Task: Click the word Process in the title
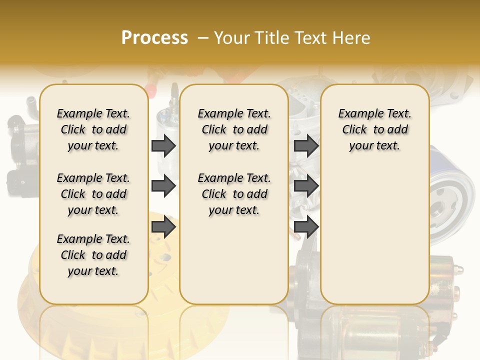[x=154, y=38]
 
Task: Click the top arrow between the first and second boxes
[x=163, y=146]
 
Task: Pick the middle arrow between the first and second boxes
[x=163, y=186]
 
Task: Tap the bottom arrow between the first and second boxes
[x=163, y=227]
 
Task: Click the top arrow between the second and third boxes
[x=306, y=146]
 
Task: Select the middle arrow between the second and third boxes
[x=306, y=186]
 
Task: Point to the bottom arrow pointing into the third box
[x=306, y=227]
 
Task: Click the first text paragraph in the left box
[x=93, y=129]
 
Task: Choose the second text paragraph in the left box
[x=93, y=194]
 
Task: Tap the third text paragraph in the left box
[x=93, y=255]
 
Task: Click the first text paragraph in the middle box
[x=234, y=129]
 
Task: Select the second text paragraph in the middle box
[x=234, y=194]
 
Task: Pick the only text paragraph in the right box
[x=375, y=129]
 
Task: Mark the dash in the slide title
[x=203, y=38]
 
